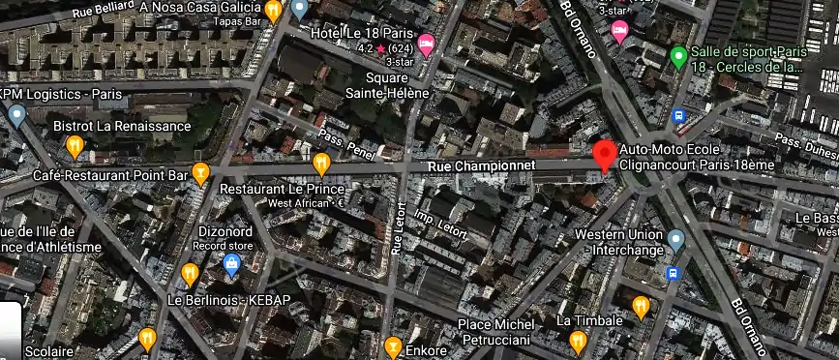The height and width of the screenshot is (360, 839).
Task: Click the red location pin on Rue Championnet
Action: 605,155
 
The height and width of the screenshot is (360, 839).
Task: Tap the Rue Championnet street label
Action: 467,167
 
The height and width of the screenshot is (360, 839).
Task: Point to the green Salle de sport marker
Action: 679,56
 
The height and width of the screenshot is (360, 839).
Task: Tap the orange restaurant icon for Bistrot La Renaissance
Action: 75,146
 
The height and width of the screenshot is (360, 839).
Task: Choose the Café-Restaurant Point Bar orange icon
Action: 201,173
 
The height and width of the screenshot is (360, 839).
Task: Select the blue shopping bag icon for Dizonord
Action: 232,263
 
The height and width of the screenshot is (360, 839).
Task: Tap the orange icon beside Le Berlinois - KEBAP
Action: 190,273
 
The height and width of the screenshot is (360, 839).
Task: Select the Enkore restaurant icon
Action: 393,346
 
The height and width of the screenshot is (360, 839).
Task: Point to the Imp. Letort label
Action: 467,225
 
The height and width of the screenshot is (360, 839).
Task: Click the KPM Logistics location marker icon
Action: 16,115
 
